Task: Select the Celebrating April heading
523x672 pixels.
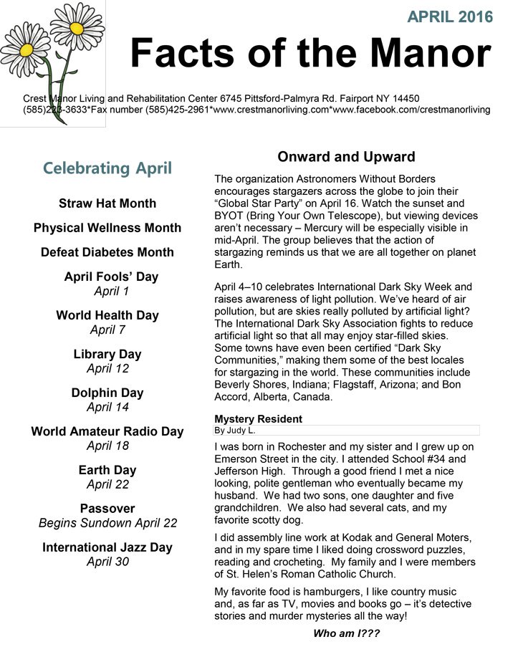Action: (x=107, y=168)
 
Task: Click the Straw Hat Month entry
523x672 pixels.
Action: (x=107, y=203)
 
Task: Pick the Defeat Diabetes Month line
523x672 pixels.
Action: (x=107, y=252)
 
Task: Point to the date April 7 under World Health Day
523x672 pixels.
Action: (x=107, y=330)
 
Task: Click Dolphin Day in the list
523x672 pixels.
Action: (x=107, y=393)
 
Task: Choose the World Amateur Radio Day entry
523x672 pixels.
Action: (x=107, y=431)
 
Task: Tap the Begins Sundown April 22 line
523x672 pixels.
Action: (x=107, y=523)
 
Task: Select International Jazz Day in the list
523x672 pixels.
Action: (x=107, y=547)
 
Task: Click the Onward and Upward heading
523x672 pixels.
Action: (x=346, y=157)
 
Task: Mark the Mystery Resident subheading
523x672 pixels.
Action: (x=258, y=419)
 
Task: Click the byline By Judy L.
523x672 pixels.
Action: (x=234, y=431)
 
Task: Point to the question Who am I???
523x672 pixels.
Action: (x=346, y=633)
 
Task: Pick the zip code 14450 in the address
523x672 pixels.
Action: (x=404, y=98)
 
